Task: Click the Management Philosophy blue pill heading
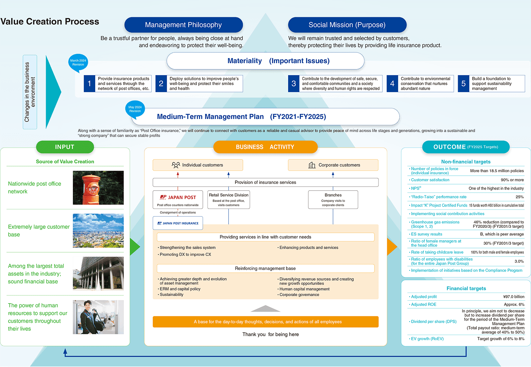pyautogui.click(x=183, y=25)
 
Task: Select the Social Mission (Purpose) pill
pyautogui.click(x=347, y=25)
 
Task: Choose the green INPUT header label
pyautogui.click(x=65, y=147)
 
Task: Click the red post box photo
pyautogui.click(x=98, y=188)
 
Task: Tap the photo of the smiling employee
pyautogui.click(x=98, y=317)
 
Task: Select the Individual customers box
pyautogui.click(x=198, y=165)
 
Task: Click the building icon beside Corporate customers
pyautogui.click(x=312, y=165)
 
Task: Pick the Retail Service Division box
pyautogui.click(x=229, y=199)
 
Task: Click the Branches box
pyautogui.click(x=333, y=199)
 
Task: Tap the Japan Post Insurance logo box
pyautogui.click(x=178, y=223)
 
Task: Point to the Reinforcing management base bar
pyautogui.click(x=265, y=269)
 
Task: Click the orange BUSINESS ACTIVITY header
pyautogui.click(x=265, y=147)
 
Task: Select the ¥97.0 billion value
pyautogui.click(x=514, y=297)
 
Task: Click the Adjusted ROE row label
pyautogui.click(x=423, y=305)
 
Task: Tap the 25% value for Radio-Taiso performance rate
pyautogui.click(x=519, y=197)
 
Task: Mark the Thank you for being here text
pyautogui.click(x=270, y=334)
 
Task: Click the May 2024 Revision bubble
pyautogui.click(x=135, y=109)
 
